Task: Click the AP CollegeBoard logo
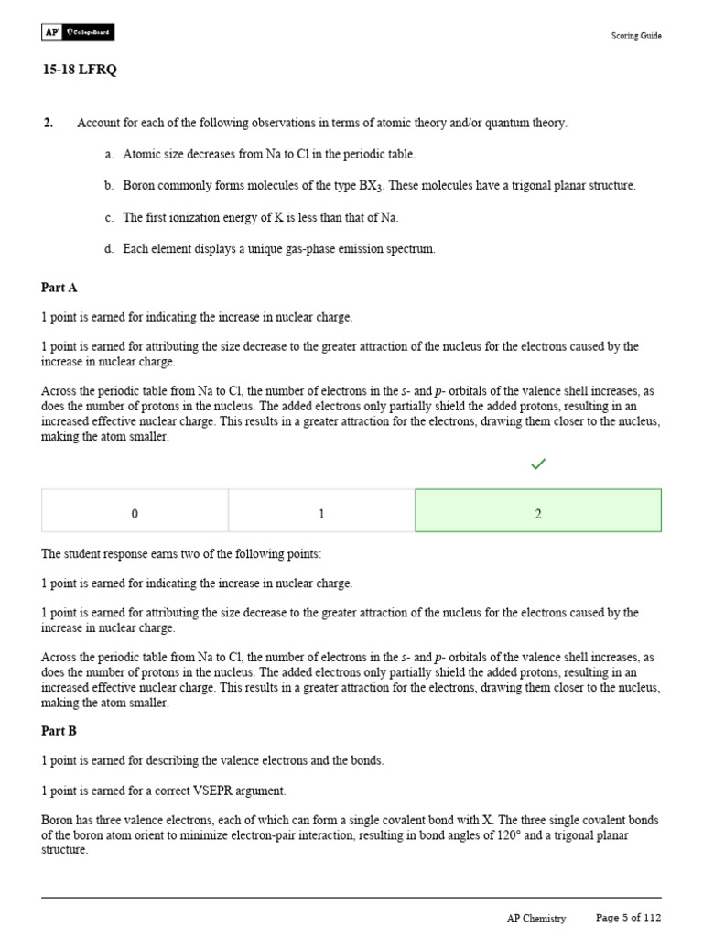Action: pyautogui.click(x=78, y=33)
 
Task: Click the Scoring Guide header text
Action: pyautogui.click(x=636, y=36)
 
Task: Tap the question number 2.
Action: pyautogui.click(x=48, y=123)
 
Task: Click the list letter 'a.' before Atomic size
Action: pyautogui.click(x=109, y=155)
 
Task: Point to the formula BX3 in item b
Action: pyautogui.click(x=369, y=186)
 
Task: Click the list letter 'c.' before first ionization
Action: pyautogui.click(x=109, y=217)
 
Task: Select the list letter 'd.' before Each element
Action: pyautogui.click(x=109, y=248)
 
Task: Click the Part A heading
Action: pyautogui.click(x=59, y=288)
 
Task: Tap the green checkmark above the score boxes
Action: pyautogui.click(x=538, y=464)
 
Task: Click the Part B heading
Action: pyautogui.click(x=59, y=731)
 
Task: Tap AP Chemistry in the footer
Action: pyautogui.click(x=536, y=918)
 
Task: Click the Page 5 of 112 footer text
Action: pyautogui.click(x=628, y=917)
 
